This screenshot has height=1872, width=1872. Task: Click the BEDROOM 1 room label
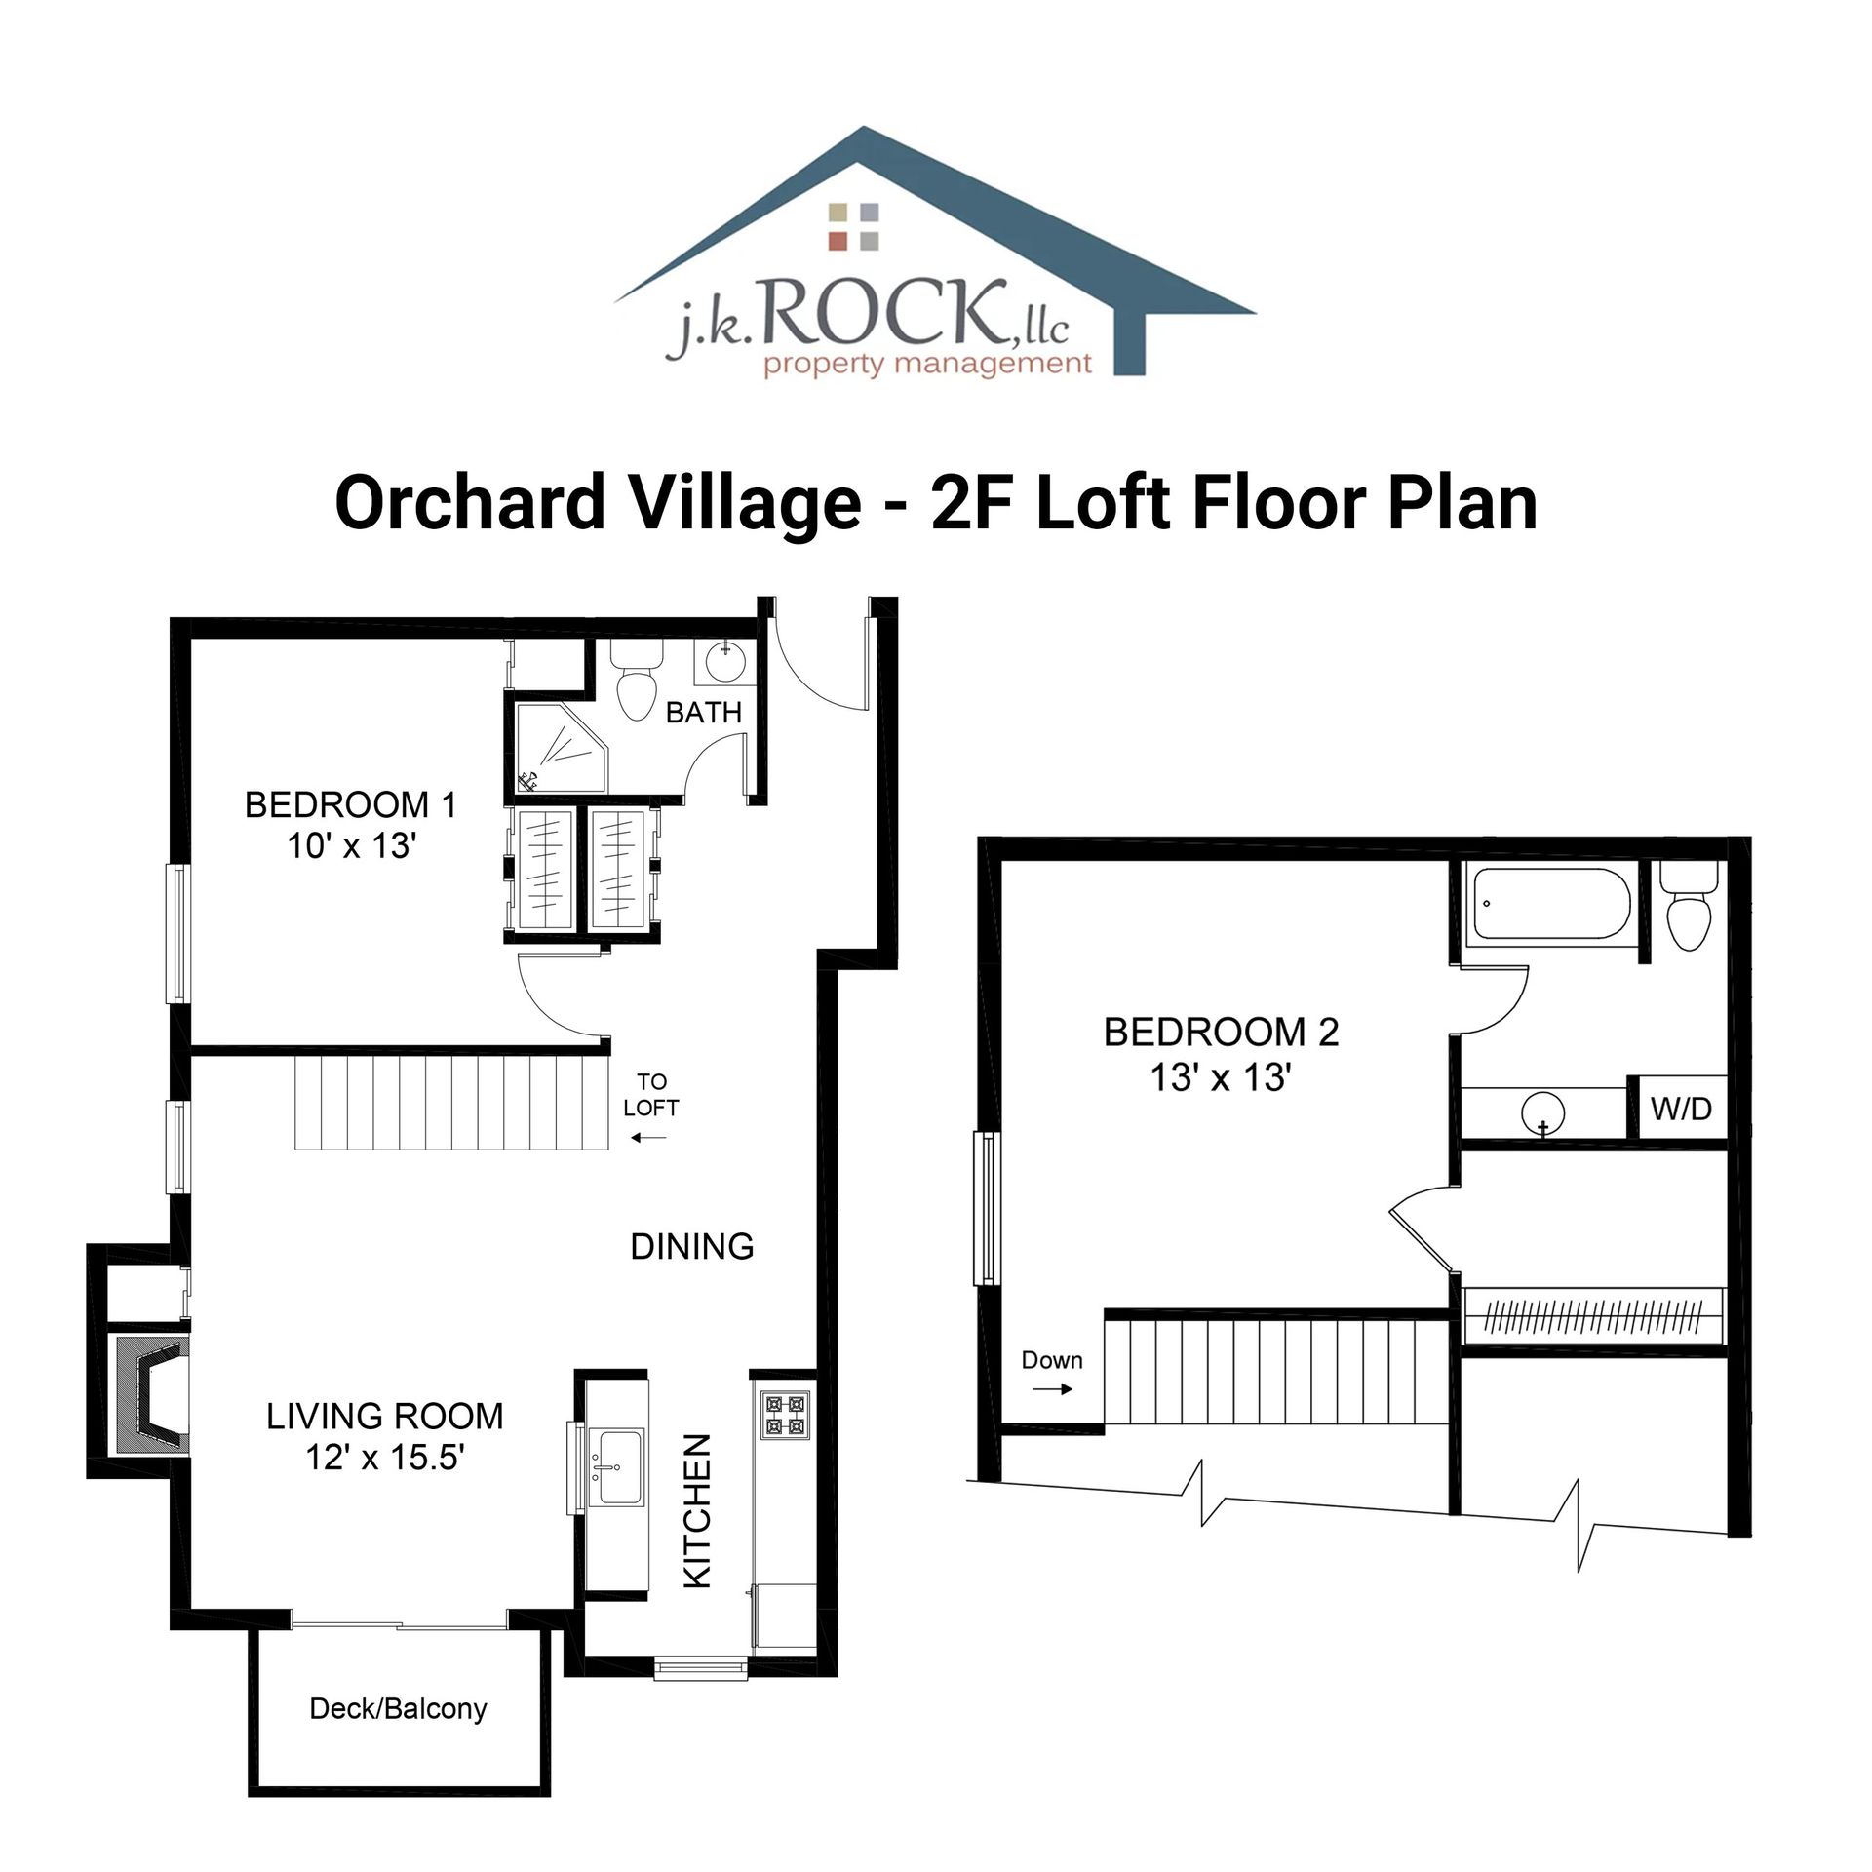[x=350, y=805]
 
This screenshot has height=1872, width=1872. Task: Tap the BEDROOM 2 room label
[x=1221, y=1032]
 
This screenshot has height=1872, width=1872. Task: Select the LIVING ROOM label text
[x=385, y=1416]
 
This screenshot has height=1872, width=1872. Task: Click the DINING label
[x=692, y=1246]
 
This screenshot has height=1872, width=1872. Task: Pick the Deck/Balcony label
[x=398, y=1735]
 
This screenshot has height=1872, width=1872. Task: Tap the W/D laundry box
[x=1681, y=1108]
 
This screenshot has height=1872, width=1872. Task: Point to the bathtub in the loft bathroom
[x=1547, y=904]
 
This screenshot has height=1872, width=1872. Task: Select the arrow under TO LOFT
[x=648, y=1137]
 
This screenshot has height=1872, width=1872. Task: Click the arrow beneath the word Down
[x=1053, y=1389]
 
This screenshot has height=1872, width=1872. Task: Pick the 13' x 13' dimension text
[x=1221, y=1078]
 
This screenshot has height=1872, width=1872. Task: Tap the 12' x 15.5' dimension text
[x=385, y=1457]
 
